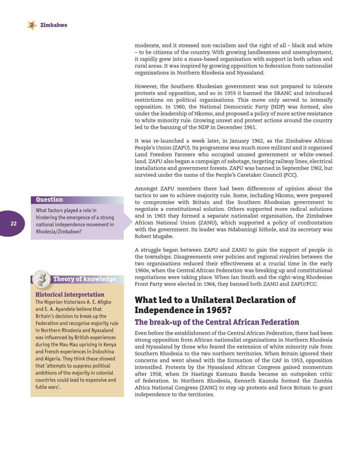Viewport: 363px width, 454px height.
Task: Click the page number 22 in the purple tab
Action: click(x=14, y=224)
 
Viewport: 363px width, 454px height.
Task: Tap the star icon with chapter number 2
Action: click(x=32, y=25)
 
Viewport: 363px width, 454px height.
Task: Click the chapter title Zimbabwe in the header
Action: click(x=54, y=25)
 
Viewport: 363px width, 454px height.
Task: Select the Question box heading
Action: click(x=49, y=200)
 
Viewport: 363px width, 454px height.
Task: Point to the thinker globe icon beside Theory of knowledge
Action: click(x=42, y=279)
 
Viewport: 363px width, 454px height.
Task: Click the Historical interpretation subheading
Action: click(x=70, y=294)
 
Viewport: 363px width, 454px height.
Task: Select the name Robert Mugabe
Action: click(x=154, y=236)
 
